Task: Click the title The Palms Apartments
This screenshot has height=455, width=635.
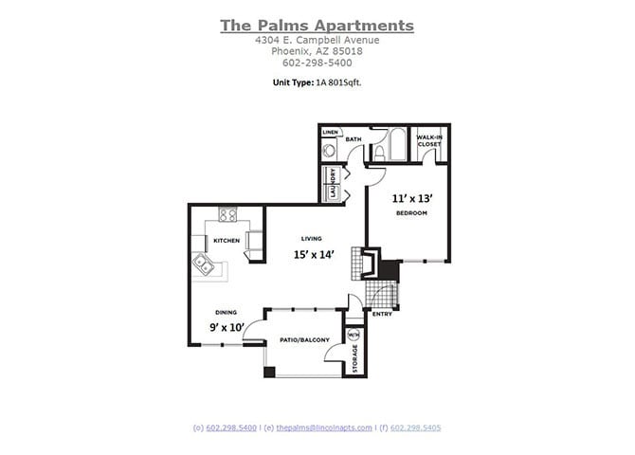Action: click(317, 26)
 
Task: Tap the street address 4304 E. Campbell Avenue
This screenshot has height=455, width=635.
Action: click(317, 41)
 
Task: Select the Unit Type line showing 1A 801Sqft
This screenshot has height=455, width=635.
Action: click(317, 82)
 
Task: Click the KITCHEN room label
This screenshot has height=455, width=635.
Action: click(226, 240)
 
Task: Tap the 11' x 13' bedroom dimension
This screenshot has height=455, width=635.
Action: click(412, 198)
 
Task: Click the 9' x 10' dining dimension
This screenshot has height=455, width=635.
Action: click(227, 328)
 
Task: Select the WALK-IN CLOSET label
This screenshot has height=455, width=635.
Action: click(430, 141)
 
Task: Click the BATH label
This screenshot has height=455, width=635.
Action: click(354, 139)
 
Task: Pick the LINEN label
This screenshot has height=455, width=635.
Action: click(330, 132)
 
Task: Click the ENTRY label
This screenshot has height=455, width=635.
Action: click(382, 314)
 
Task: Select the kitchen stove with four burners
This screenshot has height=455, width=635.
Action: click(227, 214)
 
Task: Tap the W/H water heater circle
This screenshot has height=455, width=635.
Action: click(353, 335)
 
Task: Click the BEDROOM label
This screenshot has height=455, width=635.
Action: click(412, 213)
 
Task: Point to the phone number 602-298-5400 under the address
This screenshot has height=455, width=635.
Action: click(317, 63)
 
